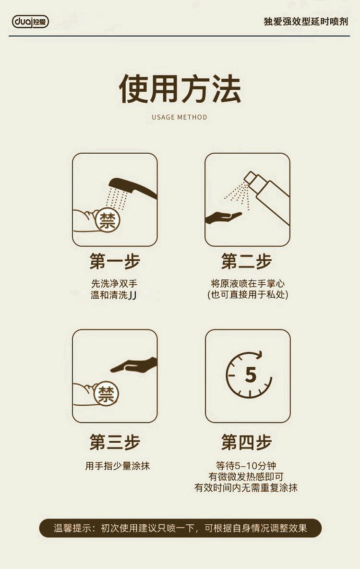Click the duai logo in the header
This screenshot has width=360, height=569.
click(31, 22)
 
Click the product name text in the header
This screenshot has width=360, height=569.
click(306, 22)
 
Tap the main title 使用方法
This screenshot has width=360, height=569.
click(180, 88)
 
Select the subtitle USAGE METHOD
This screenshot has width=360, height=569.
click(180, 117)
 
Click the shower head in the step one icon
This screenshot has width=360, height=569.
click(132, 187)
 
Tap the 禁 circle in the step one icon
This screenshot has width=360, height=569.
click(108, 220)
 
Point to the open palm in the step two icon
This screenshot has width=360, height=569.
click(223, 218)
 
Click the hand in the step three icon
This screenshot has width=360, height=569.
click(134, 365)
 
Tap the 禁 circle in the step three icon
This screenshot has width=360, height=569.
click(107, 394)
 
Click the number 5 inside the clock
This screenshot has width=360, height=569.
click(251, 375)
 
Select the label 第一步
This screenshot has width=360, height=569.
click(115, 261)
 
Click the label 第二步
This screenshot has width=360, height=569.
click(246, 261)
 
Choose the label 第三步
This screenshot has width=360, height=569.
click(115, 442)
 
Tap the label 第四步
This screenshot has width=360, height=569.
click(246, 442)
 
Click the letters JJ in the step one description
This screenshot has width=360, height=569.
click(132, 295)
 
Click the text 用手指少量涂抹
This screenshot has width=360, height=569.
click(118, 466)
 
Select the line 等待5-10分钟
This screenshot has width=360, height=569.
click(246, 466)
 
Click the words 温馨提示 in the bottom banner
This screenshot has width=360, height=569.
click(72, 528)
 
